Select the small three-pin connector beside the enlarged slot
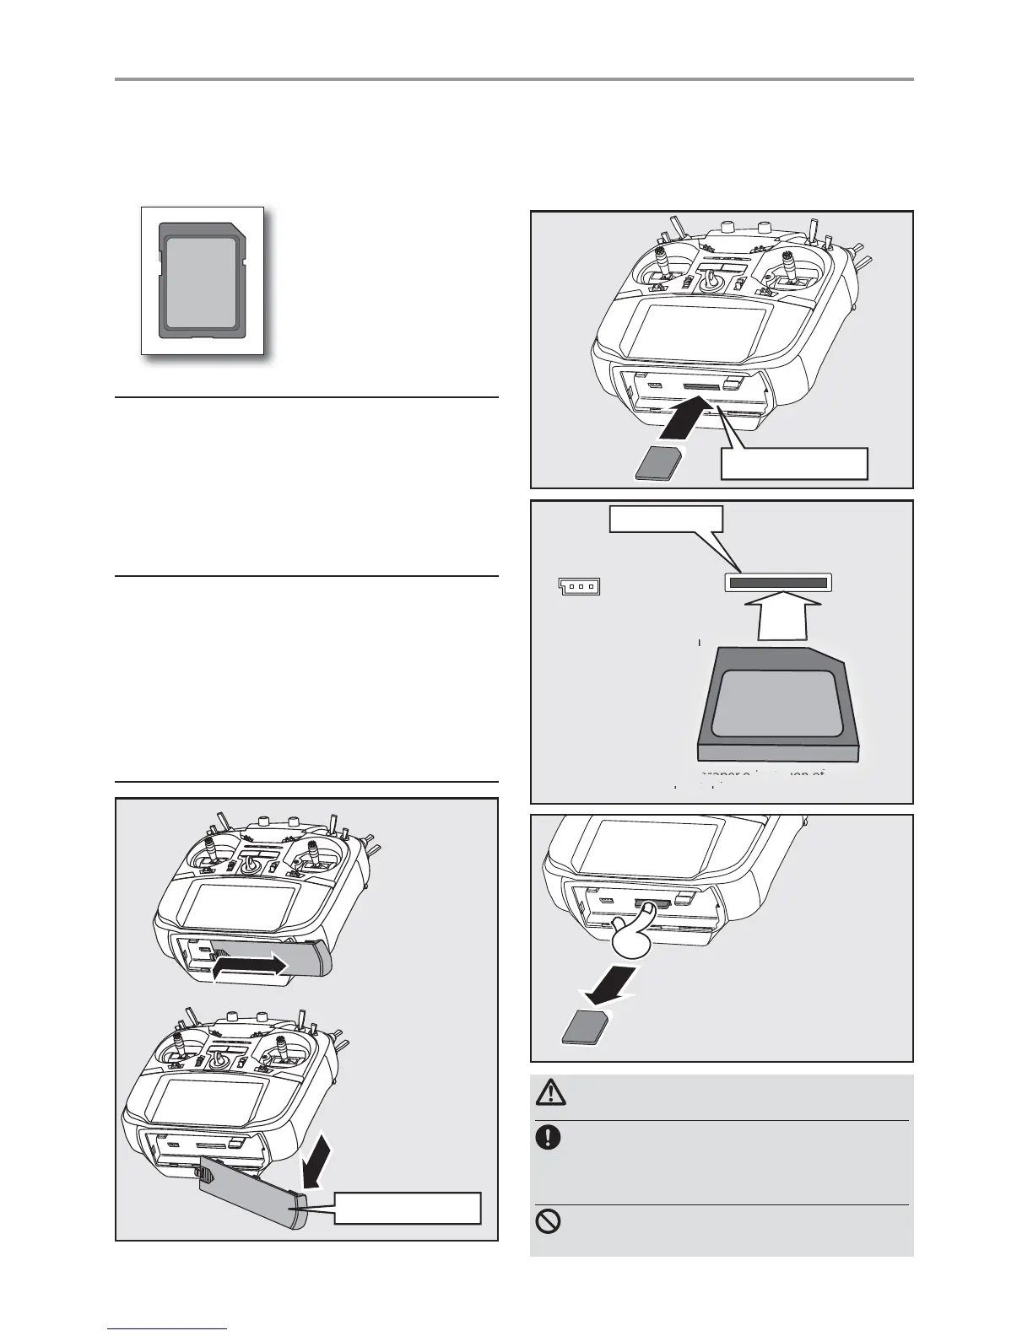[x=579, y=585]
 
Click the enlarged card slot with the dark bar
[x=778, y=583]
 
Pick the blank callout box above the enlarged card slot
[x=666, y=520]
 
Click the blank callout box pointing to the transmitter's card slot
[x=794, y=463]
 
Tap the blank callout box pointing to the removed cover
[x=408, y=1208]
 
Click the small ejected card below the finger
[x=582, y=1029]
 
